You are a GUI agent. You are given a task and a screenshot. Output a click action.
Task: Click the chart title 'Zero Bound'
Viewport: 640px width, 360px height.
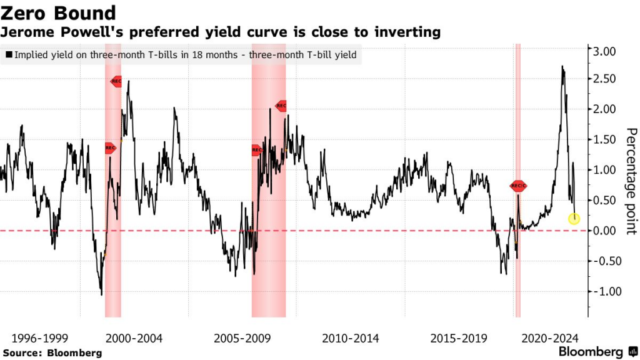pyautogui.click(x=60, y=12)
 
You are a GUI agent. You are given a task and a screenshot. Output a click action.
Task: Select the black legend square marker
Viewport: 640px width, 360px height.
pyautogui.click(x=9, y=55)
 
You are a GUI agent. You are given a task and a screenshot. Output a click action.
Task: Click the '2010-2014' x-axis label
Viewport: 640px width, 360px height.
pyautogui.click(x=351, y=338)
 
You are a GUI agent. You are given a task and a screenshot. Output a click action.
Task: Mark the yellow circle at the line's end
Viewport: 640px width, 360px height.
pyautogui.click(x=574, y=218)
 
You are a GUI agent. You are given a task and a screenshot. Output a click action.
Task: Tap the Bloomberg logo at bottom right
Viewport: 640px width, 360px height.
pyautogui.click(x=597, y=352)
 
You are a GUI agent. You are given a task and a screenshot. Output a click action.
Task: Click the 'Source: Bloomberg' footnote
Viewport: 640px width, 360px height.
pyautogui.click(x=52, y=352)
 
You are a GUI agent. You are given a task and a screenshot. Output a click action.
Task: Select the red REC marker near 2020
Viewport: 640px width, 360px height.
pyautogui.click(x=519, y=186)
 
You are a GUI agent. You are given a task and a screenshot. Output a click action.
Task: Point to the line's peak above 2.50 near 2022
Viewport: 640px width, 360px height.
pyautogui.click(x=562, y=67)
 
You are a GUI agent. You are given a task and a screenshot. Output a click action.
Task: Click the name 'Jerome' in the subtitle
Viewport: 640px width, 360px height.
pyautogui.click(x=26, y=31)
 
